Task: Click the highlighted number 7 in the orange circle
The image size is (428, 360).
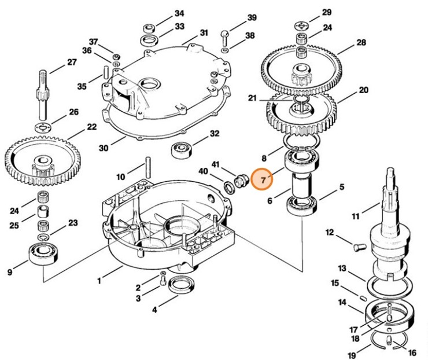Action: (264, 180)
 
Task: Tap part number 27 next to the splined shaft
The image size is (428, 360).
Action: (72, 63)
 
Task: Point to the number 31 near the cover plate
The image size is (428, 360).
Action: (204, 32)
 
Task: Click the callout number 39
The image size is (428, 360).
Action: (252, 17)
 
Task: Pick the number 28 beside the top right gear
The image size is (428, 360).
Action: (361, 43)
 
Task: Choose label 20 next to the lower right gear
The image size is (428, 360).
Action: (363, 90)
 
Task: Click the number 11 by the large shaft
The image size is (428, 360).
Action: (356, 216)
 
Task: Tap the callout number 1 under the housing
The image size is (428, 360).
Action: (99, 281)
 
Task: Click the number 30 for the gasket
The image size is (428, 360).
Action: (103, 148)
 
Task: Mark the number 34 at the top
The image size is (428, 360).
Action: (179, 13)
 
